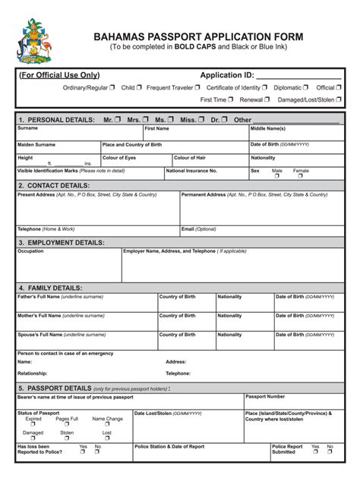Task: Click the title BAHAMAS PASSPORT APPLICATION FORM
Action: (x=198, y=36)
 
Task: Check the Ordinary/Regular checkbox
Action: (x=112, y=88)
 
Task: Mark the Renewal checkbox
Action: (x=267, y=99)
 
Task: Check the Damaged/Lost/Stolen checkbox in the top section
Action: (x=339, y=99)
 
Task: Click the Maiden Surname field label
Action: (x=36, y=144)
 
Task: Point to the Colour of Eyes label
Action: (x=119, y=158)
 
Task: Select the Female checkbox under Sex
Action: (x=301, y=176)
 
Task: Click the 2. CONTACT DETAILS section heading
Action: (x=53, y=185)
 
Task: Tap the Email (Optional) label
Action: (x=199, y=228)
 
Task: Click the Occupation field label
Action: (x=30, y=251)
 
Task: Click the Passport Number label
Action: (x=265, y=397)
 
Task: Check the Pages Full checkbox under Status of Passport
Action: (x=67, y=425)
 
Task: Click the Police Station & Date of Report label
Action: (x=169, y=447)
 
